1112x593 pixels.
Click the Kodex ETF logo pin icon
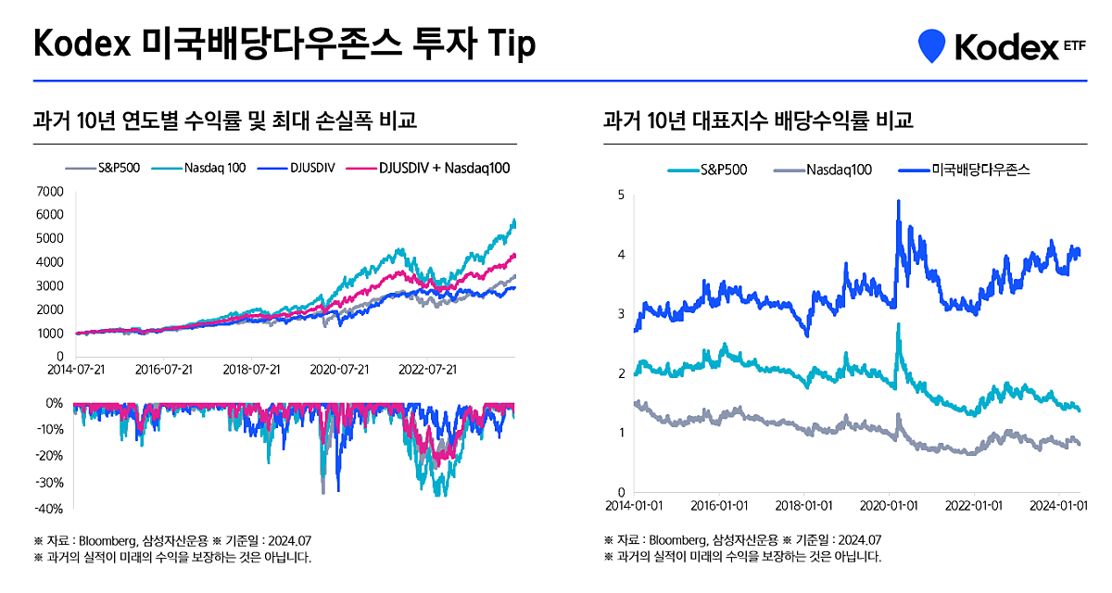point(932,45)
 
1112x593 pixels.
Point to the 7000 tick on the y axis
point(50,192)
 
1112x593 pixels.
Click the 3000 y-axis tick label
point(50,286)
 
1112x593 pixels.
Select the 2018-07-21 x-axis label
point(251,369)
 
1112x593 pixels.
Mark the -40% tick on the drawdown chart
point(47,509)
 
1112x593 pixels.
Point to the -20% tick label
point(47,456)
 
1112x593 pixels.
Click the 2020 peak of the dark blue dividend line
point(898,201)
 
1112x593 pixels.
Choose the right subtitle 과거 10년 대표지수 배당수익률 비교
point(758,120)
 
